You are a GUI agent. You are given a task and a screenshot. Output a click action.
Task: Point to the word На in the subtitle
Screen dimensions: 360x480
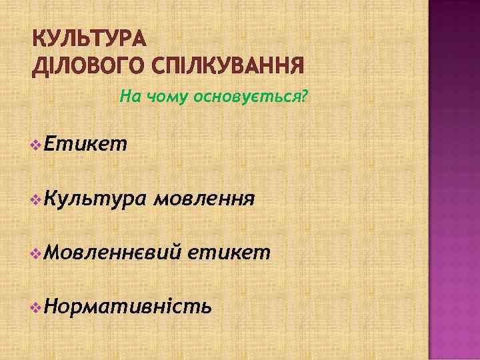click(128, 98)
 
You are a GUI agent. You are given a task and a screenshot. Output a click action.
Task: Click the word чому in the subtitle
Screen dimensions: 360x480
click(164, 98)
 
